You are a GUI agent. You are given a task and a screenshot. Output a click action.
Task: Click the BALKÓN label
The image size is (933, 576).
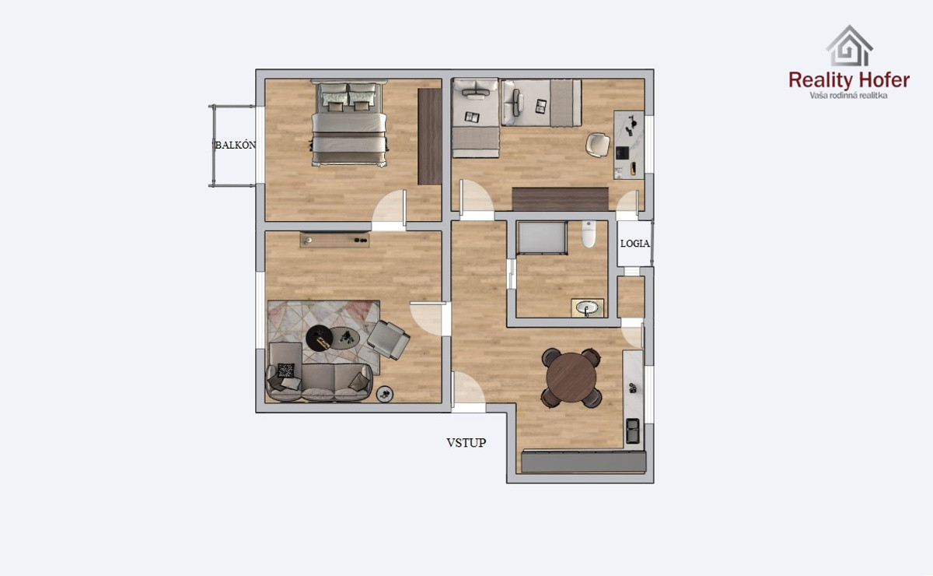(x=236, y=145)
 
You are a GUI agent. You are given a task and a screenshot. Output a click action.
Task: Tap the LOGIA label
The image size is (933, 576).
(x=634, y=244)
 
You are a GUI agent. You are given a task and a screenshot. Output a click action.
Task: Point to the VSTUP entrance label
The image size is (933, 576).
(x=466, y=443)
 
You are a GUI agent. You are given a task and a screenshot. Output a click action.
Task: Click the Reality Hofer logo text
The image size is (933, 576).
(x=849, y=80)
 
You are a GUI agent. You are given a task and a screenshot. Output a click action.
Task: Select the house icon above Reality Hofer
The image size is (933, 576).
(x=849, y=45)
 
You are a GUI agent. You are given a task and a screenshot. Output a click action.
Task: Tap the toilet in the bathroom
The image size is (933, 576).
(x=589, y=234)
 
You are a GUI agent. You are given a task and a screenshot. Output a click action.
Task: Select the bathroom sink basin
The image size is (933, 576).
(x=587, y=308)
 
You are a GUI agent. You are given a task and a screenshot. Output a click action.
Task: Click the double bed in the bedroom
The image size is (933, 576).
(x=349, y=123)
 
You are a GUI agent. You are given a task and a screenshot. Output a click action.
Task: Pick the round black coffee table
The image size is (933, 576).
(x=319, y=339)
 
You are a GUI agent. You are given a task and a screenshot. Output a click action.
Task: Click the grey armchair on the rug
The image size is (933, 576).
(x=388, y=339)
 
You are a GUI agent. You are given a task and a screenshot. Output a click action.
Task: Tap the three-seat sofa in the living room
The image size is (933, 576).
(x=320, y=381)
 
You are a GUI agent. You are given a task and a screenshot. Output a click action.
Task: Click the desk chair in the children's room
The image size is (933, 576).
(x=597, y=145)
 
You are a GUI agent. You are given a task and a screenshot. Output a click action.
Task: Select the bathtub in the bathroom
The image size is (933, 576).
(x=541, y=237)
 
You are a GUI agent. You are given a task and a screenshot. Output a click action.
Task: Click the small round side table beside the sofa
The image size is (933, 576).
(x=384, y=394)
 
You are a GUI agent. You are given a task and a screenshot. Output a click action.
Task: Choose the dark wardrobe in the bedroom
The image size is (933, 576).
(x=429, y=136)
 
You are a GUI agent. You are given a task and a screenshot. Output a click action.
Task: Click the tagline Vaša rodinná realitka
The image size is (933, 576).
(x=848, y=96)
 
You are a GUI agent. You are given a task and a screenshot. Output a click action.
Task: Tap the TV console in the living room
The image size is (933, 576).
(x=334, y=241)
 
